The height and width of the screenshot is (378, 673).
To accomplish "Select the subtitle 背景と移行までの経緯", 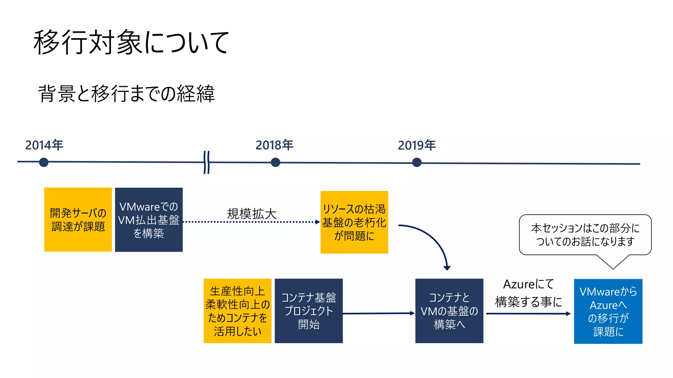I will (127, 94).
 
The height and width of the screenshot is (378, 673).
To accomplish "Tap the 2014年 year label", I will (44, 145).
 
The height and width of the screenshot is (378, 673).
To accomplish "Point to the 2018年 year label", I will (275, 145).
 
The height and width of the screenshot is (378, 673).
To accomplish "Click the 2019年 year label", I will (417, 145).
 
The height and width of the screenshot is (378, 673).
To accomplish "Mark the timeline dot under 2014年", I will (44, 162).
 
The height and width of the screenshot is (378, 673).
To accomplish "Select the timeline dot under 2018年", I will (275, 162).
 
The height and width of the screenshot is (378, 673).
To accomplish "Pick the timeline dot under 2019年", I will (417, 162).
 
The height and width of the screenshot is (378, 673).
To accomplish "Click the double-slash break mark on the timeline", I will (206, 162).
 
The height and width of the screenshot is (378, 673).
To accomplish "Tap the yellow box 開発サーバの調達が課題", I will (78, 220).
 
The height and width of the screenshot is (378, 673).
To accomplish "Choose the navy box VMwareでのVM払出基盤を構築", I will (149, 220).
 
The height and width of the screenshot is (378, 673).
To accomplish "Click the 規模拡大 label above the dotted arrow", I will (252, 214).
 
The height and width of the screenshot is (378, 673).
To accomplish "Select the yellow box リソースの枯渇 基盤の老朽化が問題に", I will (354, 222).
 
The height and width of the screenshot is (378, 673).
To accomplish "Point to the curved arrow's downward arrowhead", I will (447, 268).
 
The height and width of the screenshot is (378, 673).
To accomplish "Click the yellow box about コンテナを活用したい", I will (238, 311).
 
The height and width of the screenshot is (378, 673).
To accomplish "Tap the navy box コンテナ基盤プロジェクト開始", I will (309, 311).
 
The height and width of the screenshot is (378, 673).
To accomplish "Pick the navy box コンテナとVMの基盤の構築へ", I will (449, 311).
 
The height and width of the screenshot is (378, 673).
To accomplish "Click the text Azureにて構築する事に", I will (528, 293).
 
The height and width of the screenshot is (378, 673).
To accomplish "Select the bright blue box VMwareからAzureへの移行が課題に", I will (608, 311).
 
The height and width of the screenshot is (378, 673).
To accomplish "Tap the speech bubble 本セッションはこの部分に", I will (585, 235).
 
